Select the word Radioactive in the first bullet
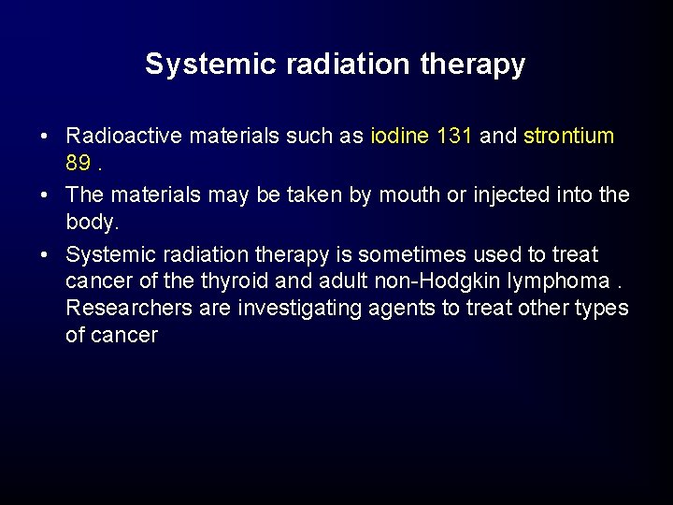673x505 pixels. (x=124, y=136)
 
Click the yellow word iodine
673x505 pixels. (x=400, y=136)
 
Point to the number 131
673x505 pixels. (x=455, y=136)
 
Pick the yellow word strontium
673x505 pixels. (x=569, y=136)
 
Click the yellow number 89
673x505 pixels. (x=79, y=164)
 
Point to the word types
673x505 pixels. (x=603, y=309)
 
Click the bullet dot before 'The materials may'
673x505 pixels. (x=46, y=195)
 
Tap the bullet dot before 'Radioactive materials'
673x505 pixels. (x=46, y=137)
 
